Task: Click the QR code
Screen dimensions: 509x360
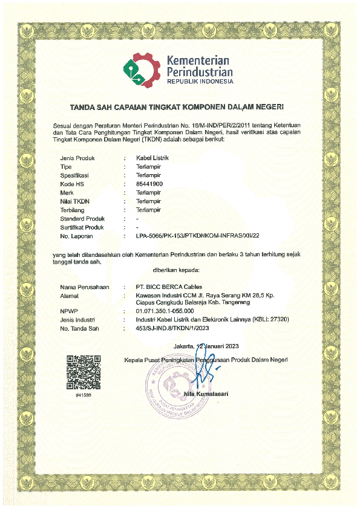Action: tap(83, 372)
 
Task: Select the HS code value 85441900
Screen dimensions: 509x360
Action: tap(149, 184)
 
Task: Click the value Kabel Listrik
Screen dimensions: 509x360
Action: tap(153, 158)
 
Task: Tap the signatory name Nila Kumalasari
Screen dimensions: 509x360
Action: tap(206, 394)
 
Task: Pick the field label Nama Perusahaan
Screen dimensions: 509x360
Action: tap(85, 287)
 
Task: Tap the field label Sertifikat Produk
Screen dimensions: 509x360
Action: tap(82, 227)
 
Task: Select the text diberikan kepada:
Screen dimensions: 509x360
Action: tap(179, 271)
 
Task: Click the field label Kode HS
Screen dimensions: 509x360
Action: tap(73, 184)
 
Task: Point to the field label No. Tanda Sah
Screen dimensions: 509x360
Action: tap(80, 328)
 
